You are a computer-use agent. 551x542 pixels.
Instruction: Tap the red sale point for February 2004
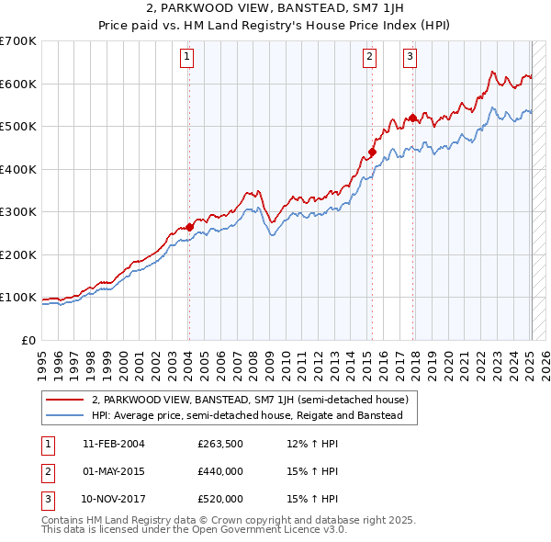pyautogui.click(x=189, y=227)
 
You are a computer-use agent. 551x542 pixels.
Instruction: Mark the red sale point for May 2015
pyautogui.click(x=372, y=152)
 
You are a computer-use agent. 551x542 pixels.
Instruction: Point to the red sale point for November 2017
pyautogui.click(x=413, y=118)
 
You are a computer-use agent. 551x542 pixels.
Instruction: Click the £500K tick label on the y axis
pyautogui.click(x=18, y=126)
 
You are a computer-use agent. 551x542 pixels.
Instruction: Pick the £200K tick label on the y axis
pyautogui.click(x=18, y=254)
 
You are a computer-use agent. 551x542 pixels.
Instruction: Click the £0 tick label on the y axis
pyautogui.click(x=29, y=340)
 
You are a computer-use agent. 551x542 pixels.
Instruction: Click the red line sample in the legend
pyautogui.click(x=65, y=400)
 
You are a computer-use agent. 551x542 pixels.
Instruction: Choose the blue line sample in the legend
pyautogui.click(x=65, y=415)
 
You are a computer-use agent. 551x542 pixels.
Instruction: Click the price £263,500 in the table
pyautogui.click(x=219, y=444)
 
